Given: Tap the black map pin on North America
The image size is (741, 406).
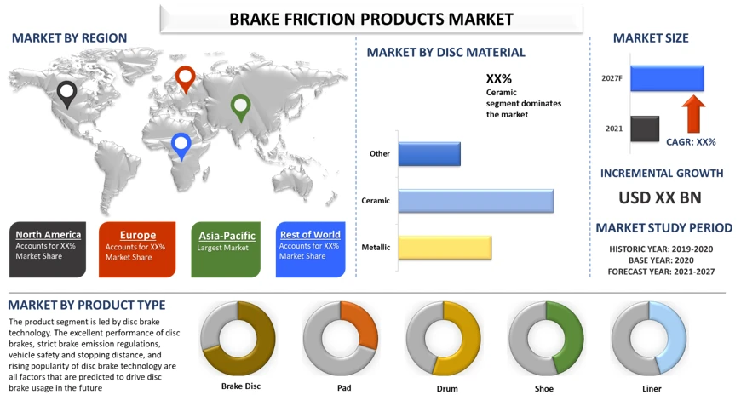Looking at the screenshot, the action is [67, 93].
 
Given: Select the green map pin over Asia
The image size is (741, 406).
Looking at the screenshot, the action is [240, 106].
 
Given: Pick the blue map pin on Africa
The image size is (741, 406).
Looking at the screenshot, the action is [181, 145].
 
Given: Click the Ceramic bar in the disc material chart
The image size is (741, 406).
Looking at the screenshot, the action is [476, 201].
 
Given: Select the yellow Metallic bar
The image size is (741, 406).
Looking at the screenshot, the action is [445, 248].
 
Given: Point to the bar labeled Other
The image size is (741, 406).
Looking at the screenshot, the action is [429, 154].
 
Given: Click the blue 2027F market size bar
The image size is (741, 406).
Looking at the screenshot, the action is [667, 78].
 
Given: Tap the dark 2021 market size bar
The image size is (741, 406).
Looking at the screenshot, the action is [645, 129].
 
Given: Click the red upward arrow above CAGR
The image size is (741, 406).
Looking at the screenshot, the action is [693, 114].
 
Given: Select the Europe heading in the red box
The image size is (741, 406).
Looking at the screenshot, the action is [137, 235].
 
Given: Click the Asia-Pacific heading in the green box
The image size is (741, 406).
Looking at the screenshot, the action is [227, 236].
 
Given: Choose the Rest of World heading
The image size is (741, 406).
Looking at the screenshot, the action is [310, 235].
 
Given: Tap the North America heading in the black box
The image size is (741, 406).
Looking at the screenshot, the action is [49, 235].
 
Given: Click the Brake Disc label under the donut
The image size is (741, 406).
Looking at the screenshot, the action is [240, 386].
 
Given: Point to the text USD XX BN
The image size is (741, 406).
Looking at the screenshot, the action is [660, 197].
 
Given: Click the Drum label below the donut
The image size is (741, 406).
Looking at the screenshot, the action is [447, 388].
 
